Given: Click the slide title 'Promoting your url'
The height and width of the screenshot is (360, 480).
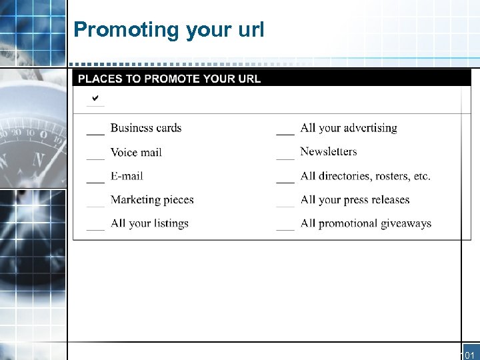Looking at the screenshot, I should click(x=169, y=30).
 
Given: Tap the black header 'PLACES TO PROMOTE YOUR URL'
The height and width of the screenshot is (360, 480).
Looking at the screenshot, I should click(x=169, y=79).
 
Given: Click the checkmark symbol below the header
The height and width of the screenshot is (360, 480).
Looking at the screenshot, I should click(x=95, y=99).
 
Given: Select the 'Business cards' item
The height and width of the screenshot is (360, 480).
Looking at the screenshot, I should click(x=145, y=128).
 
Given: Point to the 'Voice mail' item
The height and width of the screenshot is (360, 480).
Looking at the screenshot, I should click(x=136, y=152).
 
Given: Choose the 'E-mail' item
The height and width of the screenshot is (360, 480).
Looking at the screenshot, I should click(x=127, y=176).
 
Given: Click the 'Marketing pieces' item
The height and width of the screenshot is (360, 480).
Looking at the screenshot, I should click(x=152, y=200).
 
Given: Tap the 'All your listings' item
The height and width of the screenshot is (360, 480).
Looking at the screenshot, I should click(x=149, y=224).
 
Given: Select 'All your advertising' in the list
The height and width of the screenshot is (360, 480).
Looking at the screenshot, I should click(x=348, y=128).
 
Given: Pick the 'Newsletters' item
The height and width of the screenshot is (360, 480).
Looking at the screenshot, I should click(x=328, y=152).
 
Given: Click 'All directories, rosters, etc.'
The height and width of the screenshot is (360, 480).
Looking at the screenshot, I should click(x=365, y=176).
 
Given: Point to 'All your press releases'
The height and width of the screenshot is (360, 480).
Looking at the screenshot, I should click(x=355, y=200).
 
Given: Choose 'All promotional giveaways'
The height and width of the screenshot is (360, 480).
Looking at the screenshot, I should click(x=365, y=224).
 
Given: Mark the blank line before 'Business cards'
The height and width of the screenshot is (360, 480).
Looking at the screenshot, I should click(x=95, y=133).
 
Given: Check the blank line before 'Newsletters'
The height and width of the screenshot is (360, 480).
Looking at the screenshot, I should click(x=285, y=157).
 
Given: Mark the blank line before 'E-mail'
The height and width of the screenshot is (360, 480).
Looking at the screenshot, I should click(x=95, y=181).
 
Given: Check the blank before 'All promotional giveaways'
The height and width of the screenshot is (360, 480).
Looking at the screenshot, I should click(x=285, y=229).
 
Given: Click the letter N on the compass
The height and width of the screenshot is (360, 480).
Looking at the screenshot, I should click(x=39, y=161).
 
